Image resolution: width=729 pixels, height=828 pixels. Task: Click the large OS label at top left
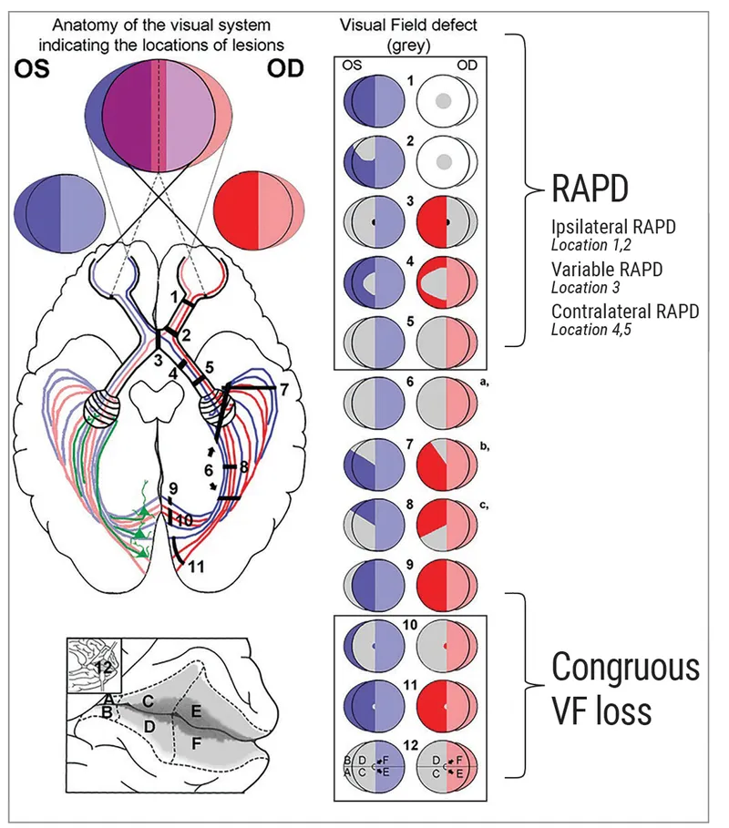(34, 71)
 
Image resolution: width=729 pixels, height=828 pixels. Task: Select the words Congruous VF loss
(625, 689)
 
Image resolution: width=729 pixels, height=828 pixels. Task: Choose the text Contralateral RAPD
(625, 312)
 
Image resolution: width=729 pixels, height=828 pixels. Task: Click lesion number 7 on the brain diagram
(283, 390)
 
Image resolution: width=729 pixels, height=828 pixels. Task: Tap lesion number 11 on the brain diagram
(194, 566)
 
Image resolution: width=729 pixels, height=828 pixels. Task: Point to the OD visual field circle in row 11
(444, 707)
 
